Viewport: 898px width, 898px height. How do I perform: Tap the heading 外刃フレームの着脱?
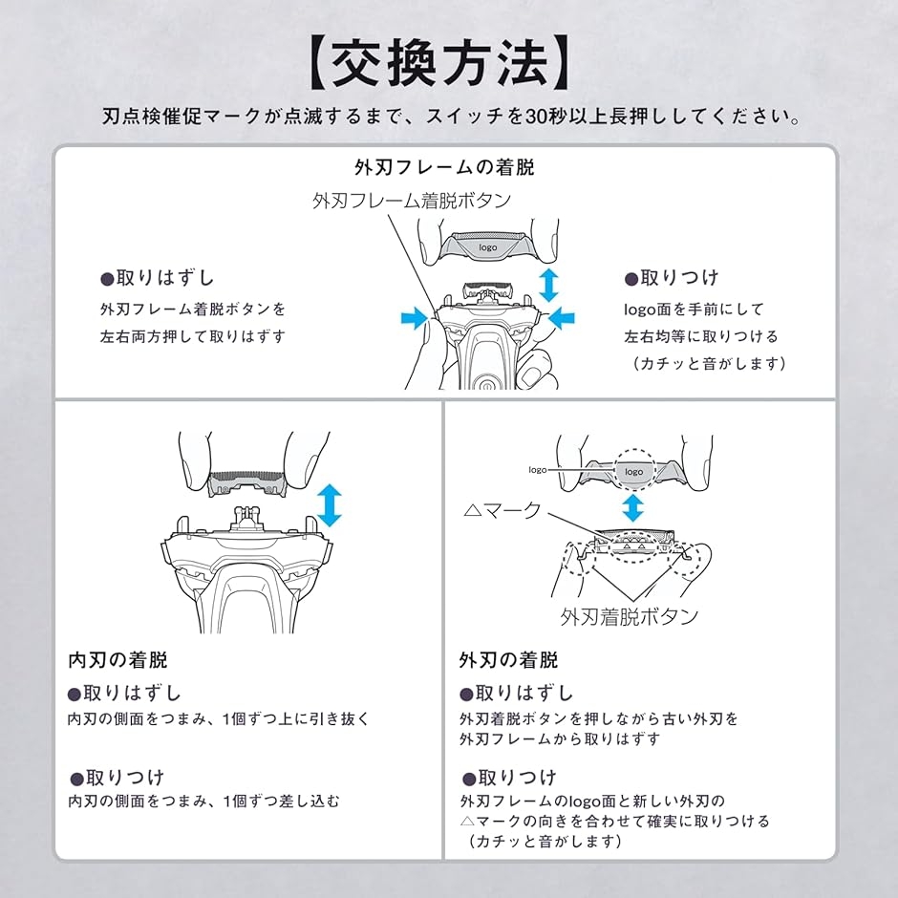click(444, 167)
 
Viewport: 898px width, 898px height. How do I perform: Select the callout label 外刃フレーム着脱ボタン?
click(412, 201)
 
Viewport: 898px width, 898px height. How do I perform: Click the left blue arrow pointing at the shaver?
click(415, 317)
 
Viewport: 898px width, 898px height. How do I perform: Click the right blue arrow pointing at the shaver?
click(562, 317)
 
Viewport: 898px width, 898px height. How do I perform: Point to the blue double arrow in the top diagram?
click(548, 285)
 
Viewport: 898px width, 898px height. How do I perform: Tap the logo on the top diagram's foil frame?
click(488, 247)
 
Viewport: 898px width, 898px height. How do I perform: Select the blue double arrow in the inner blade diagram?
click(330, 505)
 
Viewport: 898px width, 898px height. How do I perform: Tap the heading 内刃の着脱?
click(118, 660)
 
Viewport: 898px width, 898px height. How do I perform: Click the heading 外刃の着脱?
click(508, 660)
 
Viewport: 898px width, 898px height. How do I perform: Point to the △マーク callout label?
click(502, 509)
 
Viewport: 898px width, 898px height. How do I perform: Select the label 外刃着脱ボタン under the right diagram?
click(630, 616)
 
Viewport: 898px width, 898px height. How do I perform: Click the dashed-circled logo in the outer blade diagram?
click(633, 472)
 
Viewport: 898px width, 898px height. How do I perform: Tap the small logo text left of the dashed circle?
click(537, 470)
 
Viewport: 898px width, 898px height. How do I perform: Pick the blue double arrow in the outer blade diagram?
click(632, 508)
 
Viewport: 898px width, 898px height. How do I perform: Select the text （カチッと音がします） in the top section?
click(710, 364)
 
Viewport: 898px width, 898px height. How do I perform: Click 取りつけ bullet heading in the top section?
click(672, 278)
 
